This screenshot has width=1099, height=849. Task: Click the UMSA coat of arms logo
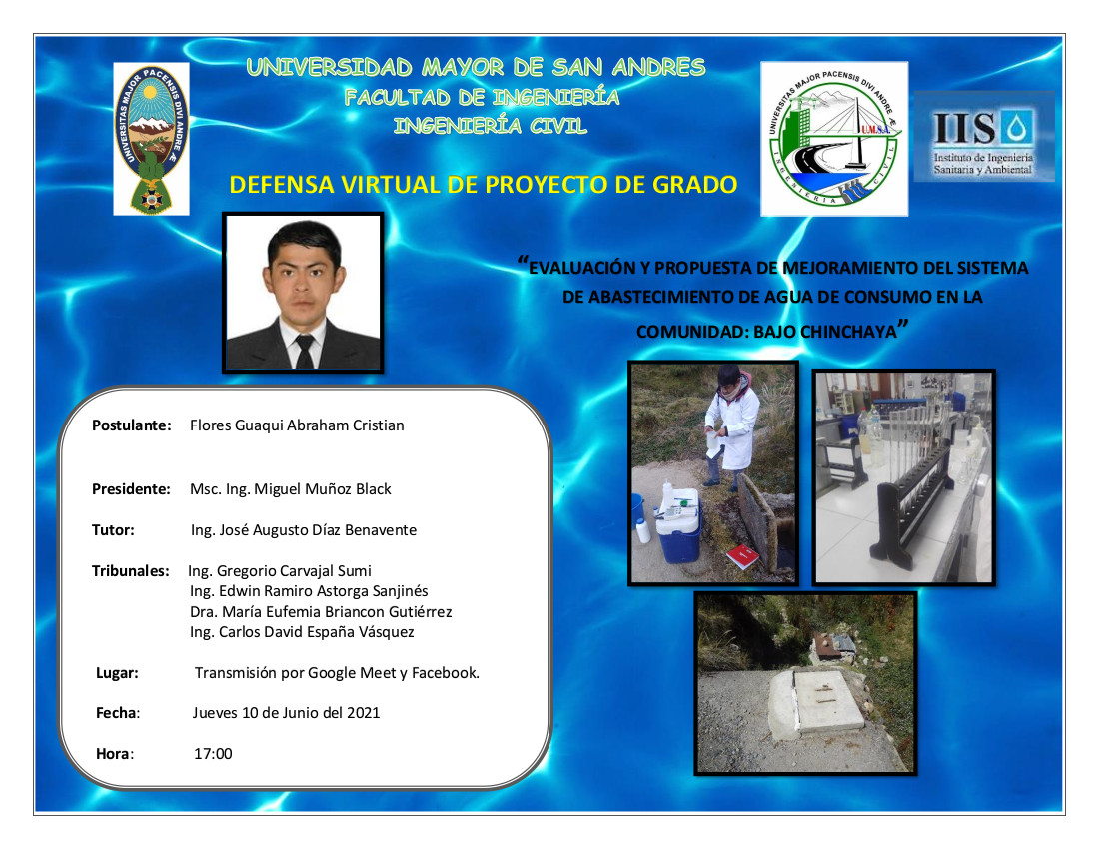(152, 139)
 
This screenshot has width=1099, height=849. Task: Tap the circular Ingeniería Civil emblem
(834, 139)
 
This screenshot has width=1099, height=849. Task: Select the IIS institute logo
(984, 137)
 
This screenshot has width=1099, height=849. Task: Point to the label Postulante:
(132, 425)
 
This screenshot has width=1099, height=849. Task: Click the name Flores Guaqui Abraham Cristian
(297, 425)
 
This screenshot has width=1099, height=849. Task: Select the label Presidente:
(131, 489)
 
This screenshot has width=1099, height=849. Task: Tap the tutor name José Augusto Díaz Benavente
(318, 530)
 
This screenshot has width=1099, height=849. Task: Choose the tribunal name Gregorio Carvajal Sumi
(294, 571)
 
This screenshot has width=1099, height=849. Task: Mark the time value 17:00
(213, 754)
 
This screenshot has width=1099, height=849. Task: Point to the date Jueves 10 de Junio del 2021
(286, 713)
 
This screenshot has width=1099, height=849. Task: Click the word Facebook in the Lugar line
(445, 672)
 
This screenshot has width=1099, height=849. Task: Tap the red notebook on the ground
(743, 557)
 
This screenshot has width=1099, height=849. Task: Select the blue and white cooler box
(677, 525)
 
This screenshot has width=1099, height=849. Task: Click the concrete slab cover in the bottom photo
(815, 702)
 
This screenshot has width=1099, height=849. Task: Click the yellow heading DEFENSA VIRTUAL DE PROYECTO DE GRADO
(484, 184)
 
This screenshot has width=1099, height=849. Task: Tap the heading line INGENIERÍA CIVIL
(490, 126)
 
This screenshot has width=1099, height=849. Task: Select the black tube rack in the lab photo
(912, 497)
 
